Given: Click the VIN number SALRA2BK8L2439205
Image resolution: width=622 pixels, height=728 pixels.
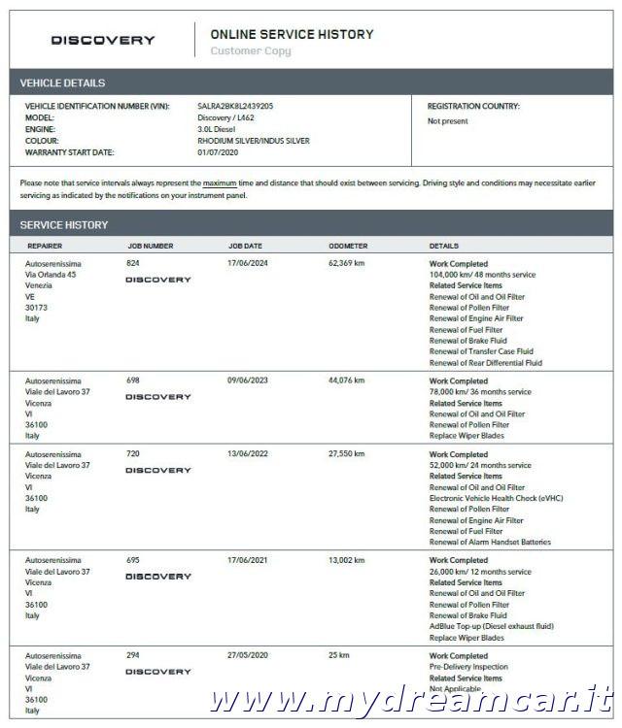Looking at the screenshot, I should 235,106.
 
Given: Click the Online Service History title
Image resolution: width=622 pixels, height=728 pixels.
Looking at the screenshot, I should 292,34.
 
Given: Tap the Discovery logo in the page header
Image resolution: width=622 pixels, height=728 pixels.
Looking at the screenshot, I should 103,41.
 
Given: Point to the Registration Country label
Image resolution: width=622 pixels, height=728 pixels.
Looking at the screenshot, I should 473,106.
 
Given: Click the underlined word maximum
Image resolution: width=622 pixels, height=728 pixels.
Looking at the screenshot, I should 220,182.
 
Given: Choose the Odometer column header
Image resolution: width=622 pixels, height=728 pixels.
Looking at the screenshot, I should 348,246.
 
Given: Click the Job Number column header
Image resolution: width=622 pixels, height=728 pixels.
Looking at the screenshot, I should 151,246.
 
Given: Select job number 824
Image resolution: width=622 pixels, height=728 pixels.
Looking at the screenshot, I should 133,263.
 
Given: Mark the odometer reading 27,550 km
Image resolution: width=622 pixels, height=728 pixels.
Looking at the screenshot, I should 347,454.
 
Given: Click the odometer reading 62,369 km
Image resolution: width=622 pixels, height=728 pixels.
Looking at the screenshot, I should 347,263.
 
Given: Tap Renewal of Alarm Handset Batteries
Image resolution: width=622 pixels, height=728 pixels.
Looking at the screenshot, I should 490,543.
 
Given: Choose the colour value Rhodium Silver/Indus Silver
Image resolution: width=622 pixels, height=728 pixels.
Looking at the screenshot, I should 253,141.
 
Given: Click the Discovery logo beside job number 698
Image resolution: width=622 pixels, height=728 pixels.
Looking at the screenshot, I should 158,397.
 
